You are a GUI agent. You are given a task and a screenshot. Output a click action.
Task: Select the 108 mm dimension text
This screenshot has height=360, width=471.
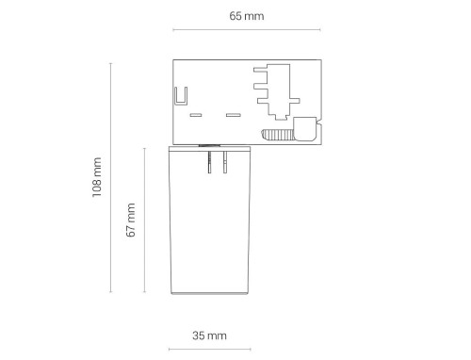tap(97, 178)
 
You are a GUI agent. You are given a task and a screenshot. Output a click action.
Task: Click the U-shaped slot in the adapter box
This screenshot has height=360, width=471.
tap(181, 97)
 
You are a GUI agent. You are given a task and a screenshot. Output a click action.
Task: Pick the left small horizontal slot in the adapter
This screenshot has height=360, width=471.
tap(197, 115)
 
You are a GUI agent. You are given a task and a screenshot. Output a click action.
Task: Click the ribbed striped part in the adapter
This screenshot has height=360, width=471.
tap(275, 134)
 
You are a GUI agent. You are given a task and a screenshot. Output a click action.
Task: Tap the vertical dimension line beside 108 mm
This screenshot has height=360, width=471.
tap(112, 178)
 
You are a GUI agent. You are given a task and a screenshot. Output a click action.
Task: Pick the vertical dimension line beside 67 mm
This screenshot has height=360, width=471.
tap(144, 220)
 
